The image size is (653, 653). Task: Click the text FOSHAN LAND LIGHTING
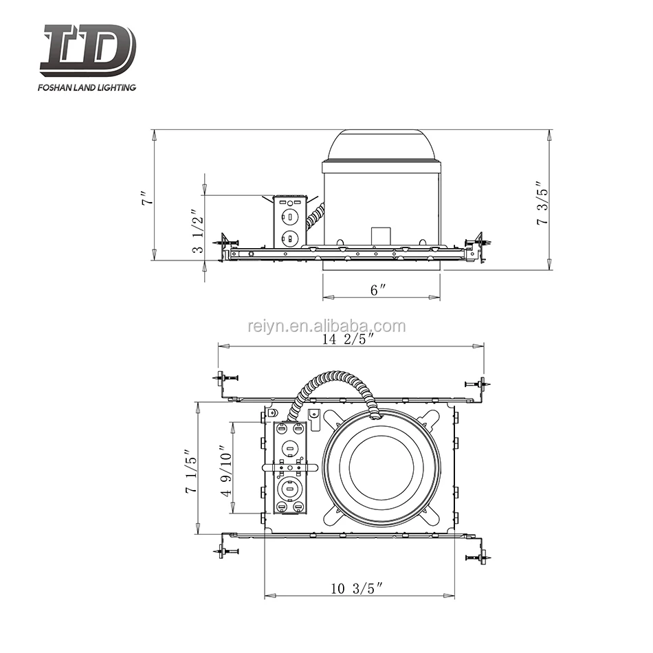88,87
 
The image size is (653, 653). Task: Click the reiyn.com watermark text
326,326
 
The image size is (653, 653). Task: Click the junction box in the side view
289,221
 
